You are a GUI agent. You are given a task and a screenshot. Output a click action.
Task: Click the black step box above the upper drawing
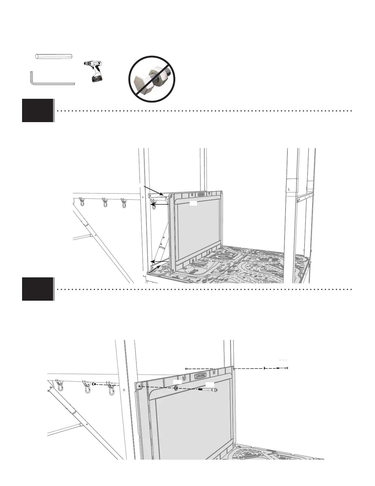(37, 110)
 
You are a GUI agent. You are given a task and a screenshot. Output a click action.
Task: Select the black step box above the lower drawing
(37, 289)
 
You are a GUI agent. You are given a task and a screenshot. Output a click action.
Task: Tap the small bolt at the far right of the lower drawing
(282, 368)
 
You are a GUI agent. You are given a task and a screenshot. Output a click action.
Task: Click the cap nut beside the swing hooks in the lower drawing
(94, 384)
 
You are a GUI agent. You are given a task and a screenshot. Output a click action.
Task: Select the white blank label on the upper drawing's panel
(193, 203)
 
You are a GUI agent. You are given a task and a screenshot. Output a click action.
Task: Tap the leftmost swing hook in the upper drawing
(82, 202)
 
